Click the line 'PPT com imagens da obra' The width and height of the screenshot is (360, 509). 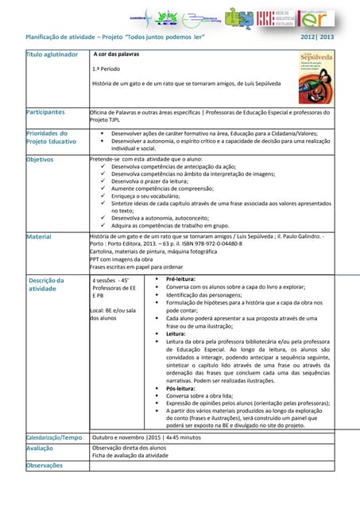point(122,259)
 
